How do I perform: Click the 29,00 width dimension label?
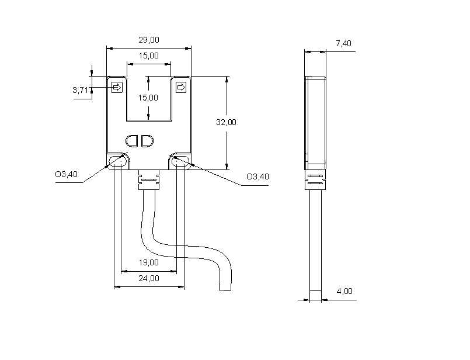coord(149,40)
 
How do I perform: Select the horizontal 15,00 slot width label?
coord(149,56)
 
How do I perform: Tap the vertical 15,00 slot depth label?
coord(148,98)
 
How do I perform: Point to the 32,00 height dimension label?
coord(226,122)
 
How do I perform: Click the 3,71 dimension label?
coord(82,90)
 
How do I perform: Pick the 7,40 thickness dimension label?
coord(343,43)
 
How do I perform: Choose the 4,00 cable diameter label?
coord(344,291)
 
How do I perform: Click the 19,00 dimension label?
coord(149,262)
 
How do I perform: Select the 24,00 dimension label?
coord(149,278)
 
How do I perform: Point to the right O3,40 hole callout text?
coord(257,176)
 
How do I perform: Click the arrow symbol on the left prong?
coord(117,87)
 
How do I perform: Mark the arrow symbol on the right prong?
coord(180,87)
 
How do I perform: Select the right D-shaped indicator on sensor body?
coord(146,141)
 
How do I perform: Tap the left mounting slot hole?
coord(117,161)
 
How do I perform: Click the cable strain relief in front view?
coord(148,181)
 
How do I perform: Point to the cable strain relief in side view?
coord(315,181)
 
